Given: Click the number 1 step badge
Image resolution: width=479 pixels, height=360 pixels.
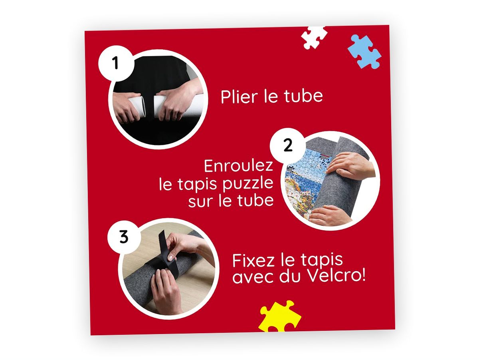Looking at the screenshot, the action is (x=116, y=64).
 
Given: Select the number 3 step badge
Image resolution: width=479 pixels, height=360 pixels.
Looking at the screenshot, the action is (x=124, y=237).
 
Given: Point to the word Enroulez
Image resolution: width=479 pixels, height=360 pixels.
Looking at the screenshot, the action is (x=239, y=166).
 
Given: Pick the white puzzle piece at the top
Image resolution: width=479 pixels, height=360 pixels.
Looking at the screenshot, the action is (x=314, y=38).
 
